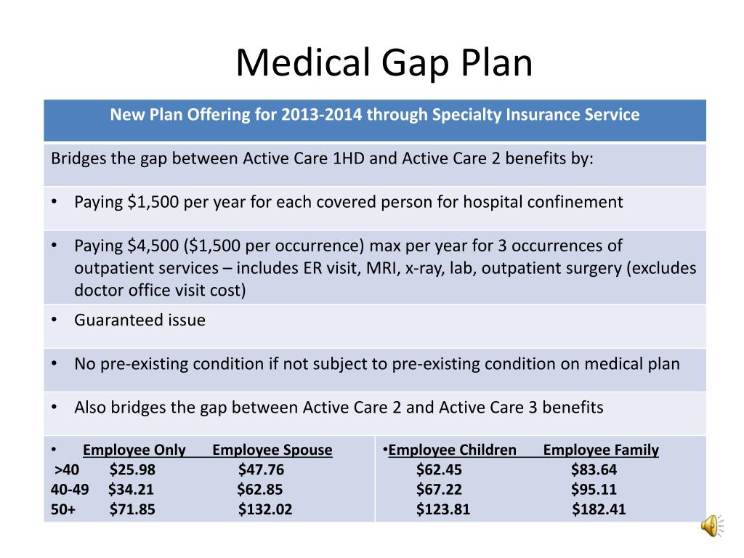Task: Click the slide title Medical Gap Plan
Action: pos(384,63)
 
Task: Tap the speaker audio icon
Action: pos(710,525)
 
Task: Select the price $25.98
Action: pos(132,469)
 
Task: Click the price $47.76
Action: pos(261,469)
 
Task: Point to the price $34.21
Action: pos(131,489)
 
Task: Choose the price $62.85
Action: pos(259,489)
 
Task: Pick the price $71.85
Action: pos(132,509)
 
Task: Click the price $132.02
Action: pos(265,509)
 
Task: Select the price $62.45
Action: pos(439,469)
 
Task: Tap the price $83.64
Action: pos(594,469)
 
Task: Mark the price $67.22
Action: pos(439,489)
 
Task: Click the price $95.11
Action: pos(594,489)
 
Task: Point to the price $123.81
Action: pos(443,509)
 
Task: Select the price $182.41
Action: pos(599,509)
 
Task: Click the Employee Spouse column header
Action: pos(272,450)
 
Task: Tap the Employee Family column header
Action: pos(601,450)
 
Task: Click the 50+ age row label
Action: pos(63,509)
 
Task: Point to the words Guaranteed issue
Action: pos(139,320)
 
